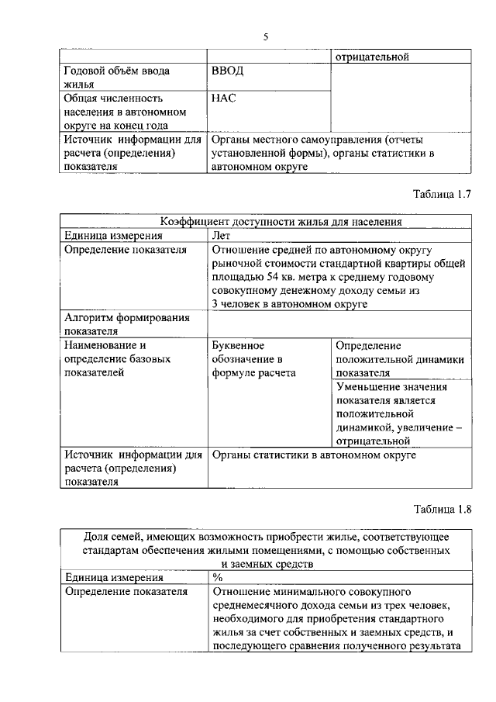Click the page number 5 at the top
click(x=266, y=36)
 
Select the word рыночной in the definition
click(x=236, y=264)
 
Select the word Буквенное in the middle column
click(x=239, y=345)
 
